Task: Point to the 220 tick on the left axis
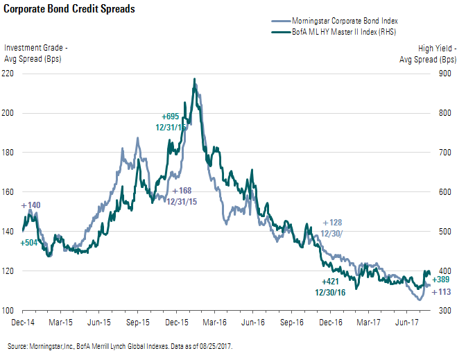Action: (12, 73)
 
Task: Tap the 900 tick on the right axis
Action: (447, 73)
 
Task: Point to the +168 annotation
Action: (182, 190)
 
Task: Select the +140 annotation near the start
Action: (31, 206)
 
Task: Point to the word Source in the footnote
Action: (18, 345)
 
